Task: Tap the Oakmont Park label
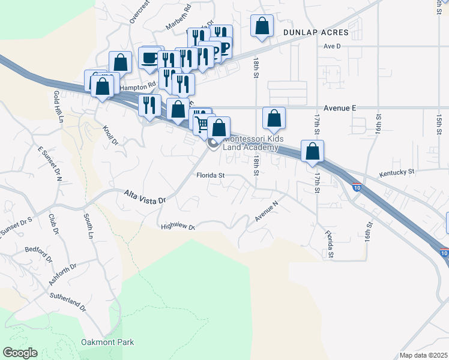tap(107, 343)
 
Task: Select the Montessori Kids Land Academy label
tap(250, 144)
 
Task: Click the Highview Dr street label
tap(178, 227)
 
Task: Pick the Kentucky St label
tap(397, 172)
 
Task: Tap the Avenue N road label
tap(267, 211)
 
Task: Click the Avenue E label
tap(340, 107)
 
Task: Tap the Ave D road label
tap(331, 46)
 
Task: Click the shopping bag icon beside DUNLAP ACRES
tap(262, 26)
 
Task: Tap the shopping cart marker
tap(201, 122)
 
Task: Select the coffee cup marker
tap(149, 58)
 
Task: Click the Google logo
tap(20, 353)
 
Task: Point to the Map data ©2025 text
tap(423, 355)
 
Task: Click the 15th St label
tap(439, 122)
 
